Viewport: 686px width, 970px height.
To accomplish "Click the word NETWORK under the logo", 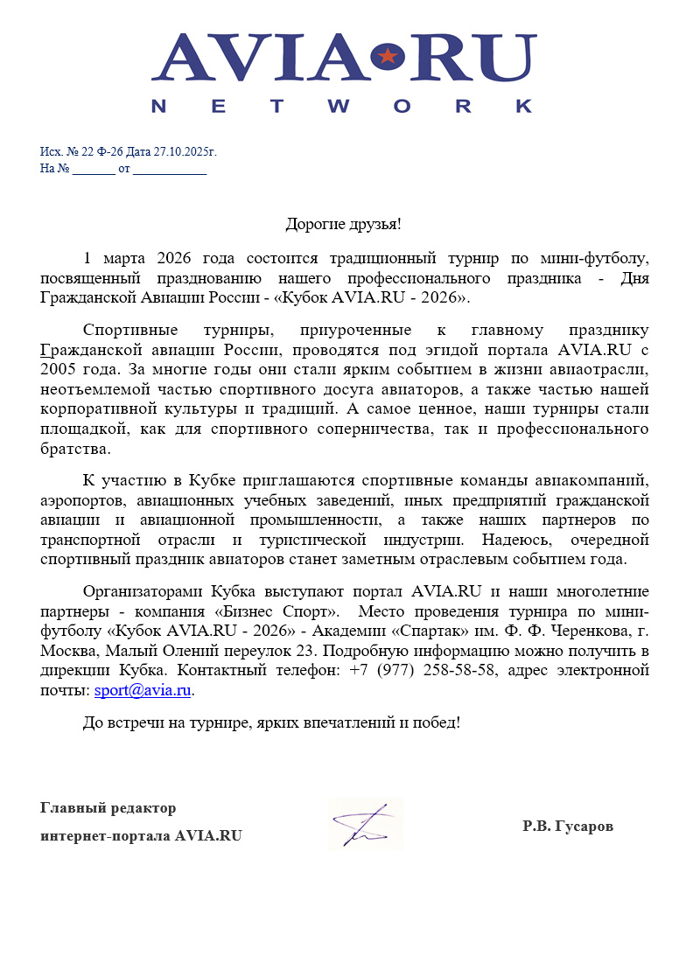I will point(342,106).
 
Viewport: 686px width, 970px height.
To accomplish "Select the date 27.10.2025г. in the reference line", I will point(185,152).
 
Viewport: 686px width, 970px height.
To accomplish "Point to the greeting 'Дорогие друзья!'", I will point(343,224).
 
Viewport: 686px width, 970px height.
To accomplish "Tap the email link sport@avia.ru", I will point(143,690).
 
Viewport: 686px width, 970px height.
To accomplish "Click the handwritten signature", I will point(365,823).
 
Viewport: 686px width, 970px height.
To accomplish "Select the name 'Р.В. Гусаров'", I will point(568,826).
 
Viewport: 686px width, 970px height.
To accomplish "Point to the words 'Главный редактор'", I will point(108,807).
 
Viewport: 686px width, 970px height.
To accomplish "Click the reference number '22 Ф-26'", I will point(103,152).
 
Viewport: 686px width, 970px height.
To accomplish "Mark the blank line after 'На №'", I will point(94,169).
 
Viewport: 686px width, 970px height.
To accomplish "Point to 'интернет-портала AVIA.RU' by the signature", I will point(141,835).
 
